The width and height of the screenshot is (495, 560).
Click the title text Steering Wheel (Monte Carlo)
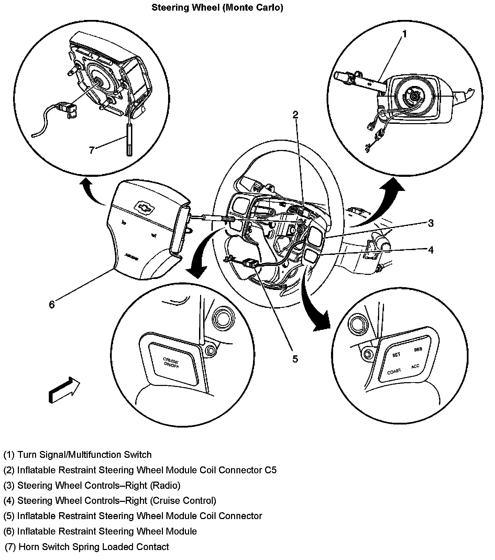click(x=217, y=8)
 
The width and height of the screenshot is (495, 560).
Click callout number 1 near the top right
click(x=405, y=34)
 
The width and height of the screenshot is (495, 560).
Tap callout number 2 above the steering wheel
click(x=295, y=115)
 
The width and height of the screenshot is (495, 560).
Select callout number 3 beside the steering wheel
click(x=430, y=223)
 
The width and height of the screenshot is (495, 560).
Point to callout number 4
click(x=430, y=250)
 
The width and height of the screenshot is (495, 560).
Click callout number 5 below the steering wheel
click(x=295, y=359)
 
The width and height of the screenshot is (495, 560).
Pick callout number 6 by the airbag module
click(x=52, y=304)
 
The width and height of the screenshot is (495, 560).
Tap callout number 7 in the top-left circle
click(x=91, y=150)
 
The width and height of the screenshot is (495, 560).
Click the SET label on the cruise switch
click(x=396, y=355)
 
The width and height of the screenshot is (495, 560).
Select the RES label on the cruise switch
click(x=418, y=349)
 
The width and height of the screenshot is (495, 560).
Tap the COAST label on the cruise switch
click(x=394, y=371)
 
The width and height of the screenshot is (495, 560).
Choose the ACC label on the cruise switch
click(x=415, y=366)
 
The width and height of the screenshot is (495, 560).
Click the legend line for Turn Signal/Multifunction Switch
click(x=78, y=455)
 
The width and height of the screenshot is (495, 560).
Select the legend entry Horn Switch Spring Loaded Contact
click(x=87, y=547)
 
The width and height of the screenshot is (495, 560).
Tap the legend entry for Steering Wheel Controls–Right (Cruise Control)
click(x=110, y=500)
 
